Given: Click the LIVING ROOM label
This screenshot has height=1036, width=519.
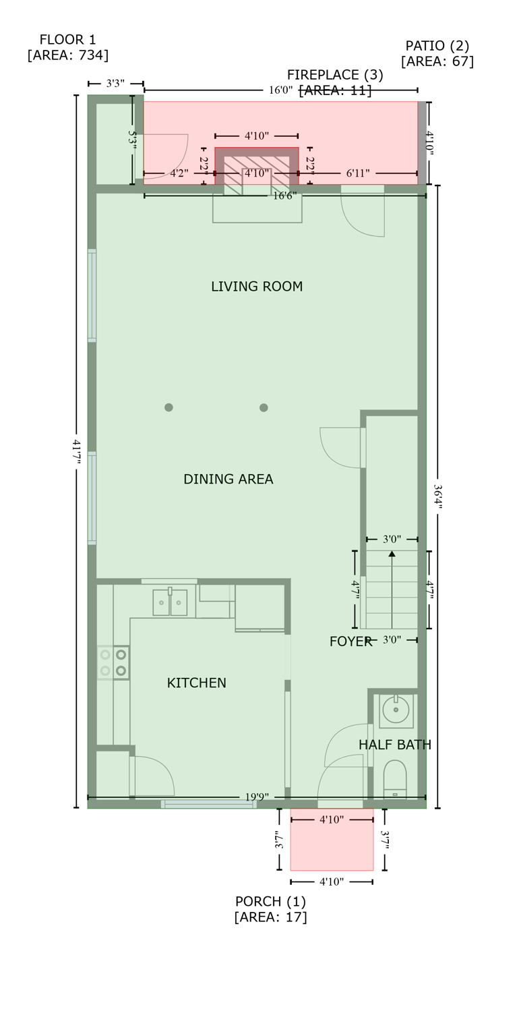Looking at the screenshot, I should click(257, 287).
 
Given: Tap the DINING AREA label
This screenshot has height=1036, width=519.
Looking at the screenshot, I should click(228, 480).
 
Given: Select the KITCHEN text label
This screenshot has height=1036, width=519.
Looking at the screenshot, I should click(196, 683).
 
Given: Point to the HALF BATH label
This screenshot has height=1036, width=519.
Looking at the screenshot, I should click(394, 745).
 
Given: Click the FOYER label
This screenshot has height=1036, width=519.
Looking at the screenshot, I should click(350, 641).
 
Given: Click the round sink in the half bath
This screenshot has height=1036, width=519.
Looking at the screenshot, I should click(396, 710).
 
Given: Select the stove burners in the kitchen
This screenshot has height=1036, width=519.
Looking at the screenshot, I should click(113, 662).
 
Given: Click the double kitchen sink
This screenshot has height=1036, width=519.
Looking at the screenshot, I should click(170, 602).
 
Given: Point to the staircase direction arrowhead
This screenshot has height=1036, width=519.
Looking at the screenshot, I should click(392, 554).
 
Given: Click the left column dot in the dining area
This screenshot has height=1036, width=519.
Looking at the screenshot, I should click(169, 407).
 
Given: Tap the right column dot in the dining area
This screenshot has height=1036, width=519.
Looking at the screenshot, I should click(264, 407).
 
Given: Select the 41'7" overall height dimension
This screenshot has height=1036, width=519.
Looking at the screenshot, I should click(76, 451).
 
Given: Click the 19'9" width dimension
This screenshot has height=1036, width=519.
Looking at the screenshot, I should click(256, 797).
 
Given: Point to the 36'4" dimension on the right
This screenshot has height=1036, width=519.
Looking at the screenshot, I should click(437, 497).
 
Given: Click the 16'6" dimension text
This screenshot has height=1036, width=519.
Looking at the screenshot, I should click(284, 196).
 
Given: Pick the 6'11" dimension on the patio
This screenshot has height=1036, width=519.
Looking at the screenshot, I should click(358, 173).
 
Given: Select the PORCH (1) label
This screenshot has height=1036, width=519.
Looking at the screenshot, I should click(270, 902).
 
